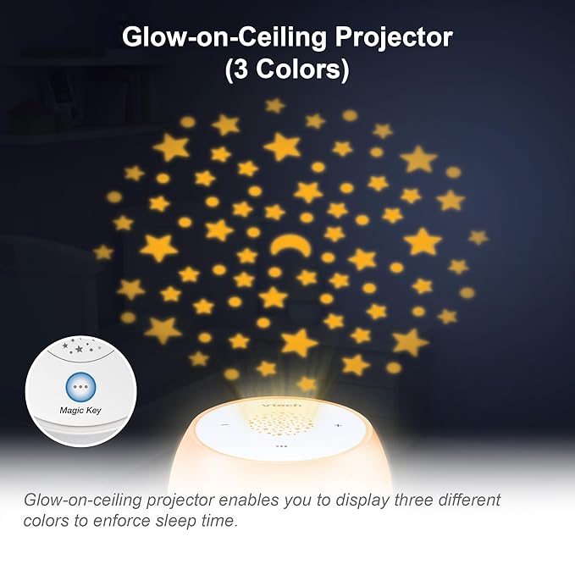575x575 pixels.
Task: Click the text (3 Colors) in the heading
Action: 286,70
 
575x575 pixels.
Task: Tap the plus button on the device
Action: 337,425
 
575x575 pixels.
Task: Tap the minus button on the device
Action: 225,425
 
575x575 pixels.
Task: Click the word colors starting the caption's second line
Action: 46,521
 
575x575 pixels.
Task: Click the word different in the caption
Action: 459,500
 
